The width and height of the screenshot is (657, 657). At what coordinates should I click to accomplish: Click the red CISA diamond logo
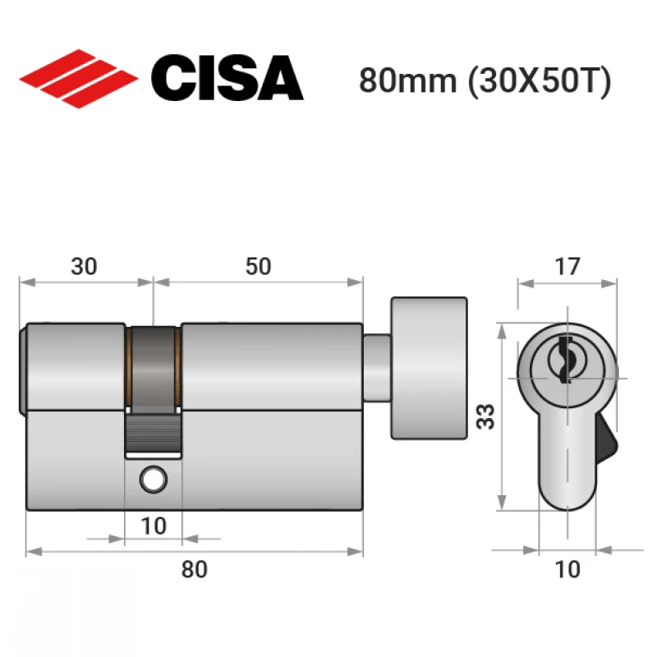click(78, 79)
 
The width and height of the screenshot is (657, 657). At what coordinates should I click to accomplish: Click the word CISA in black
click(227, 78)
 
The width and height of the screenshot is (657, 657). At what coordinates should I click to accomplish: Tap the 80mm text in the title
click(407, 80)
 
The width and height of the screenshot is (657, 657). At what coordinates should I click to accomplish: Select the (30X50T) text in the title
click(540, 80)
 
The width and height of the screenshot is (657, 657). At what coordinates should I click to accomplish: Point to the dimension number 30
click(84, 266)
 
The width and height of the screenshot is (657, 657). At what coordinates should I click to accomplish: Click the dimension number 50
click(258, 266)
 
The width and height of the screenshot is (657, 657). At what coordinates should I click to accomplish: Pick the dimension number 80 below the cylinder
click(194, 569)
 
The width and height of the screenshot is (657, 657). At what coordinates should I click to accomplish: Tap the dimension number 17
click(567, 266)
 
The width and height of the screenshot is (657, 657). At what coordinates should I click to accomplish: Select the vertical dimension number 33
click(485, 416)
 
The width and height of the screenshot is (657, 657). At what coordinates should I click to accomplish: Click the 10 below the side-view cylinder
click(154, 526)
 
